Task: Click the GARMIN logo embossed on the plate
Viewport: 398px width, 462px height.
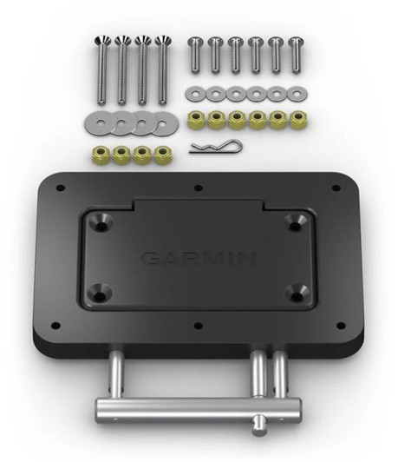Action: (198, 258)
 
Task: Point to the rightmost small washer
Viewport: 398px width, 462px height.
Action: (297, 92)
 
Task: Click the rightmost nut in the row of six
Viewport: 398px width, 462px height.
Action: (297, 119)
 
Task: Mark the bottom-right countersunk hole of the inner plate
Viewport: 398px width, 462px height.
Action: (296, 295)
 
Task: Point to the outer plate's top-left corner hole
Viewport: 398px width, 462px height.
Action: (60, 188)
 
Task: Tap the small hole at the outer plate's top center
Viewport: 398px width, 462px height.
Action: (199, 186)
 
